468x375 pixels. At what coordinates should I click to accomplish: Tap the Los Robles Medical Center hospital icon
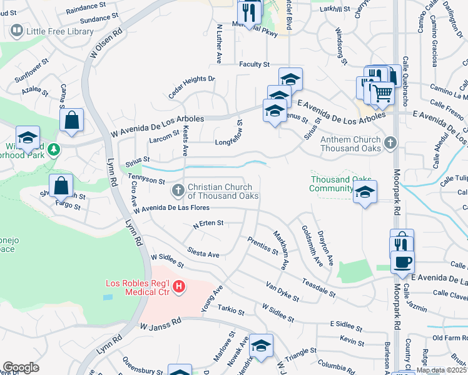(179, 287)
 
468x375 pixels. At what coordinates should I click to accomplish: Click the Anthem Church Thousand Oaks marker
(390, 143)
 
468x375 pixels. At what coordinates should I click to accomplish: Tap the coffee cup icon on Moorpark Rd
(402, 261)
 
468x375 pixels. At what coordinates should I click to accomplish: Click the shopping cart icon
(382, 94)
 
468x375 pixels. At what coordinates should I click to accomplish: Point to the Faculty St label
(253, 64)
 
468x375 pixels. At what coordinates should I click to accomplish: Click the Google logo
(21, 367)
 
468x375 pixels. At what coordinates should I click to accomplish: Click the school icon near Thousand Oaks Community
(365, 192)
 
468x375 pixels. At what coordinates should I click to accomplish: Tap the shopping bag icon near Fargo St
(61, 186)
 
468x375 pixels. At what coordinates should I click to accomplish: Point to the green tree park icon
(54, 149)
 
